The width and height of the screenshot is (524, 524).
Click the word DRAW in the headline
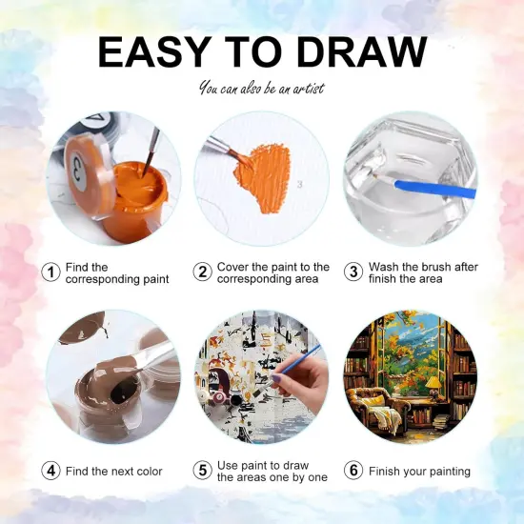coord(362,52)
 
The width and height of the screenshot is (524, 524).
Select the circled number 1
coord(50,272)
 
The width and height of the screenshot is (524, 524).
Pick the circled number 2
coord(203,272)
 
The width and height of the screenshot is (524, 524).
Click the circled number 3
coord(353,272)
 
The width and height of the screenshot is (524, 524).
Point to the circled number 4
coord(50,471)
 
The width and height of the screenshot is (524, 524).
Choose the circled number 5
coord(203,471)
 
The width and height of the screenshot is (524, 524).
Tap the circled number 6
coord(353,471)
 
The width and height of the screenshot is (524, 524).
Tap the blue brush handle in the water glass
coord(434,190)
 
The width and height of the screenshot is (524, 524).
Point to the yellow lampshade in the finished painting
coord(433,382)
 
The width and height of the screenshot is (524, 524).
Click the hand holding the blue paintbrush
coord(301,378)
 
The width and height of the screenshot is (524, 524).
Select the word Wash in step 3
coord(383,267)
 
